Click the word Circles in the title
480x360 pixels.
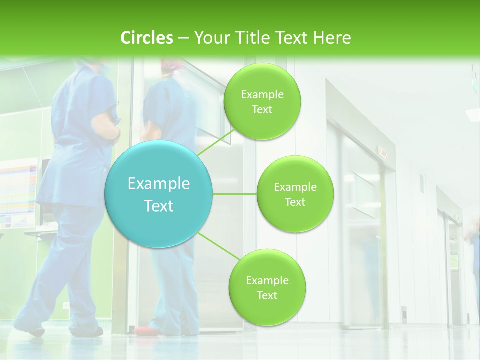click(x=147, y=38)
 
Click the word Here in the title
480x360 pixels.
click(x=332, y=38)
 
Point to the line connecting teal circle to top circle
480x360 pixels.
click(x=216, y=142)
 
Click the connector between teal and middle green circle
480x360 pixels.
click(x=235, y=194)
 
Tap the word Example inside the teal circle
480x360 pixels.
click(x=159, y=184)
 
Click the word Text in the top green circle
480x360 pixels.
click(x=262, y=110)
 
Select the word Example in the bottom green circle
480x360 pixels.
click(x=267, y=281)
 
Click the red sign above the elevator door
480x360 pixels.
click(x=383, y=153)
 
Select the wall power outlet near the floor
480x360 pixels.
click(x=65, y=305)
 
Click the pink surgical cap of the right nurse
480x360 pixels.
click(x=169, y=65)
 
